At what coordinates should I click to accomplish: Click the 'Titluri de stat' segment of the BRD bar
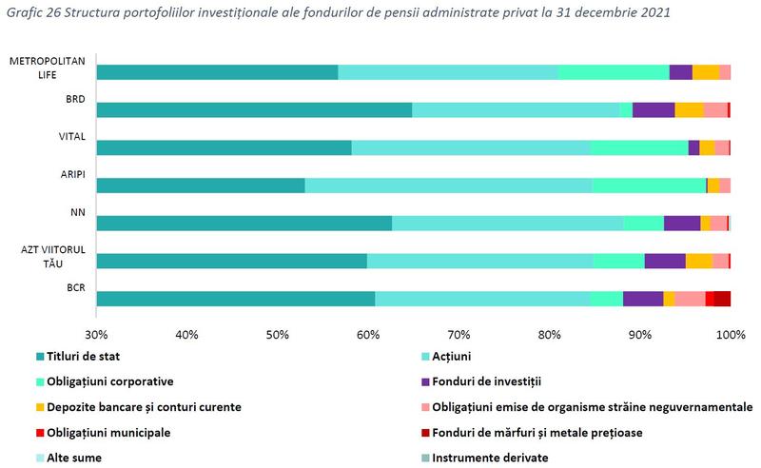click(x=254, y=109)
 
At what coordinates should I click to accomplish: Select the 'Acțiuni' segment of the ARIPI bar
click(x=448, y=185)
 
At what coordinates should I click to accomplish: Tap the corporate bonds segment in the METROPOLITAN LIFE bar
click(x=614, y=72)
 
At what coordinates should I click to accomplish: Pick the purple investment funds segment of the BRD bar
click(x=654, y=109)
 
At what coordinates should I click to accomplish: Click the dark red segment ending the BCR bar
click(x=723, y=299)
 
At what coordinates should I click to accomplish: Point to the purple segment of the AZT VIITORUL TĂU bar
click(x=665, y=261)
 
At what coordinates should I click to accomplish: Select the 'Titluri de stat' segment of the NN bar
click(x=244, y=224)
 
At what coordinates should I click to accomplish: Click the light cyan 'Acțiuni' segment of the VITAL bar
click(x=471, y=147)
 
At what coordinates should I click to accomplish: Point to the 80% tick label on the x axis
click(x=549, y=335)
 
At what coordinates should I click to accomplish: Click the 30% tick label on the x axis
click(x=96, y=335)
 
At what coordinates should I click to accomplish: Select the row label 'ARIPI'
click(x=74, y=174)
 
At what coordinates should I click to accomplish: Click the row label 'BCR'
click(x=75, y=287)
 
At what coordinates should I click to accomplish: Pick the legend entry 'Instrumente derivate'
click(x=490, y=458)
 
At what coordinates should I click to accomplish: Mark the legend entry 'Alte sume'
click(x=75, y=458)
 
